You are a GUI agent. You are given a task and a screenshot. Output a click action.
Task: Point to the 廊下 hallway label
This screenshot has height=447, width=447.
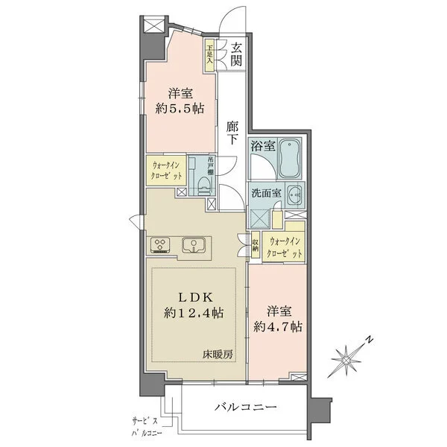coord(232,133)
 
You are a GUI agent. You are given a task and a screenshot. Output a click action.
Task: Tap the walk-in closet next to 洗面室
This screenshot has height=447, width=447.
coord(286,247)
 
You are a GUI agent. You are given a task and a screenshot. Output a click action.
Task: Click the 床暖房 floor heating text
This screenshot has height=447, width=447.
coord(220,355)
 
